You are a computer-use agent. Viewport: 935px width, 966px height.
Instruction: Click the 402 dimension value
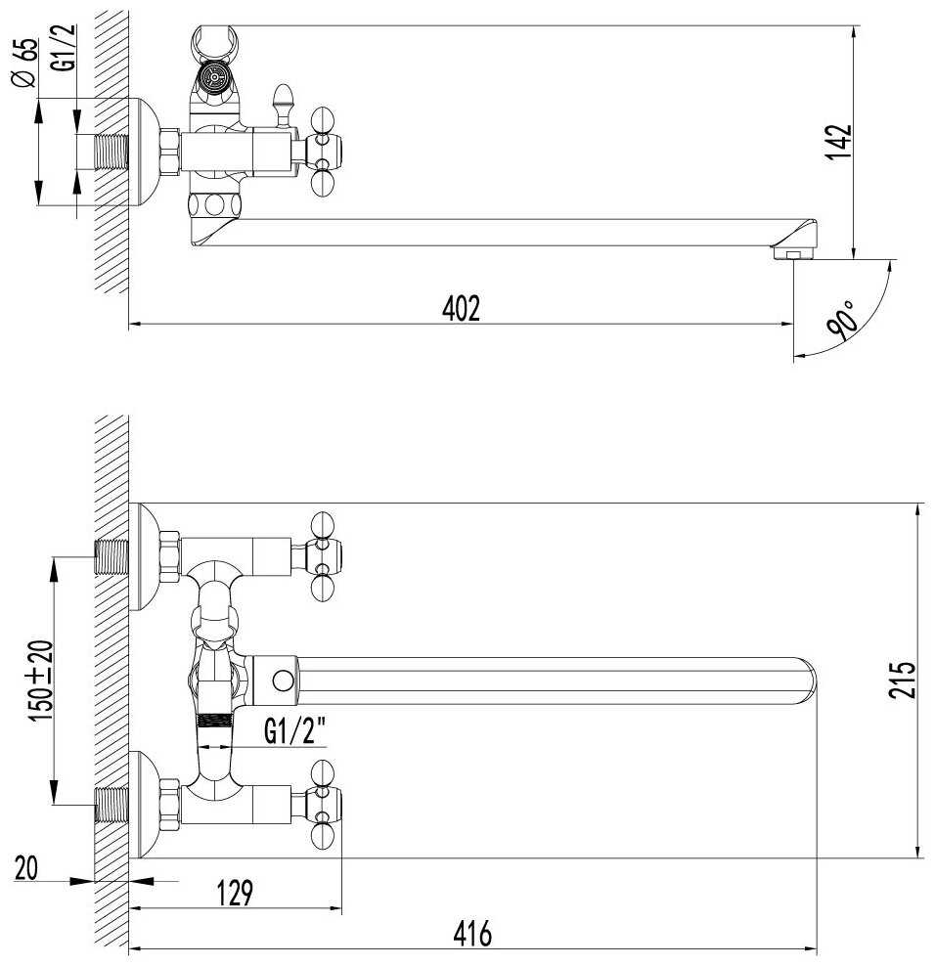coord(461,309)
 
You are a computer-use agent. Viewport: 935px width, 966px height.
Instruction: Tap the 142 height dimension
coord(838,143)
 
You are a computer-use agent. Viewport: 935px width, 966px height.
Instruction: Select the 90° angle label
coord(843,321)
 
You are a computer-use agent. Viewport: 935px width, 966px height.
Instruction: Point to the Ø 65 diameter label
coord(25,63)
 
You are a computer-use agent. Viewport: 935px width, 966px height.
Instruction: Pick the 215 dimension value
coord(902,680)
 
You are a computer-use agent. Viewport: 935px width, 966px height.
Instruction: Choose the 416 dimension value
coord(472,934)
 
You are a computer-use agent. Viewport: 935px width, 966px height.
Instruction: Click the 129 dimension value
coord(235,894)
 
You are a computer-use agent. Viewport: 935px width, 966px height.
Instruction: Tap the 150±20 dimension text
coord(42,681)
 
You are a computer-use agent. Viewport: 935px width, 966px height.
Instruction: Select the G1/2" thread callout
coord(294,731)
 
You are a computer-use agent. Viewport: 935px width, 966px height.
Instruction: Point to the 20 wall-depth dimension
coord(26,868)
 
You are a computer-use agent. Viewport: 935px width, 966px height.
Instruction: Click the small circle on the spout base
coord(283,681)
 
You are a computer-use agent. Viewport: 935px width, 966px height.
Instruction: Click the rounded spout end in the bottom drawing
coord(803,681)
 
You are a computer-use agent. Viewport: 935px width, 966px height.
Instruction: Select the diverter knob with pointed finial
coord(283,105)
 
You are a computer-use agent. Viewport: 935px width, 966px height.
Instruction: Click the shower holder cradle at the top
coord(213,42)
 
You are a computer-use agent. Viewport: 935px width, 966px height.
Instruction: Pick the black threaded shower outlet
coord(213,719)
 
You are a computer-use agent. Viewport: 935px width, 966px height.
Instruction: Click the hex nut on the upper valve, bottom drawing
coord(169,557)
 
